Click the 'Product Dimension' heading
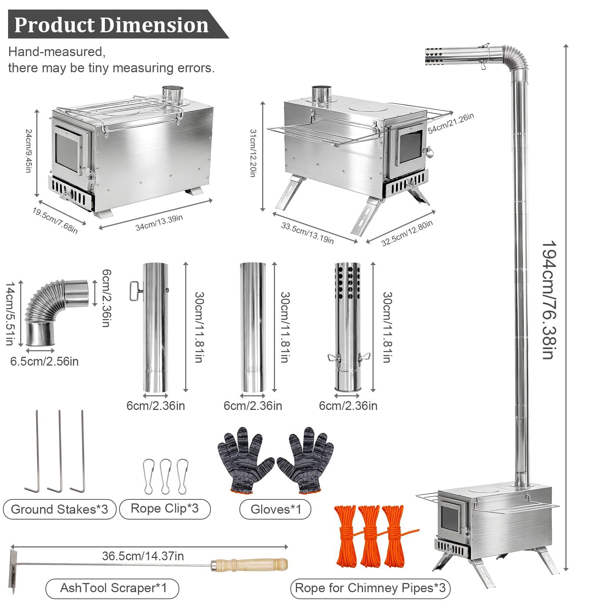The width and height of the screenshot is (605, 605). [111, 25]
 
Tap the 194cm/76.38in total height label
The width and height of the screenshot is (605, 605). [549, 300]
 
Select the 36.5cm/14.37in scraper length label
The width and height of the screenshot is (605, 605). [143, 556]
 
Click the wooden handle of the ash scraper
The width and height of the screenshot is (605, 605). [249, 565]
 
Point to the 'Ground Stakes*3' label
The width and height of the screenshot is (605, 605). [59, 509]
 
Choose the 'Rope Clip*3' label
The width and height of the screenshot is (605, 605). [165, 509]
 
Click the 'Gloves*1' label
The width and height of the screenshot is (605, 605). [276, 509]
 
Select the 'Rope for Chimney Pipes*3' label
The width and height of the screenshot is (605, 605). [370, 588]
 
